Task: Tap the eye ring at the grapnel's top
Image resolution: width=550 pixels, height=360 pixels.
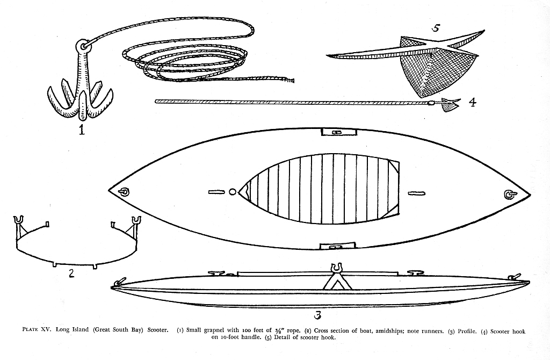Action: click(83, 46)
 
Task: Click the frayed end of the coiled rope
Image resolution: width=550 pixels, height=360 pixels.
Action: click(288, 80)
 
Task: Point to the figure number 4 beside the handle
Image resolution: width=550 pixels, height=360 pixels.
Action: click(473, 102)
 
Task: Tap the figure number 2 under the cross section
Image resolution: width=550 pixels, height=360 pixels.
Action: click(71, 272)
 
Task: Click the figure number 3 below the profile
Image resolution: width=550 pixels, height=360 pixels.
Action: click(317, 315)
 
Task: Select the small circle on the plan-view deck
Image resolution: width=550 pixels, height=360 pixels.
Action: click(232, 192)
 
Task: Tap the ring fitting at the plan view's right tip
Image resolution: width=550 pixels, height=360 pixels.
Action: click(509, 194)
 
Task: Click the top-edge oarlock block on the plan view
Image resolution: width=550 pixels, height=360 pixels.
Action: click(339, 132)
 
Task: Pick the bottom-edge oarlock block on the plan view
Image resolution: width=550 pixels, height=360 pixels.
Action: click(338, 246)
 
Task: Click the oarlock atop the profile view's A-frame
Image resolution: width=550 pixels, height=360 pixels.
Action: click(337, 268)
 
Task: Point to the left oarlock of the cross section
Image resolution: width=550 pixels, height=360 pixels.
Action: click(19, 221)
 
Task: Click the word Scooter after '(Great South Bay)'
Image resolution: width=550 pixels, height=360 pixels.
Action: click(157, 330)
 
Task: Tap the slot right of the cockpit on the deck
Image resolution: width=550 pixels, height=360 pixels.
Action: click(417, 193)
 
